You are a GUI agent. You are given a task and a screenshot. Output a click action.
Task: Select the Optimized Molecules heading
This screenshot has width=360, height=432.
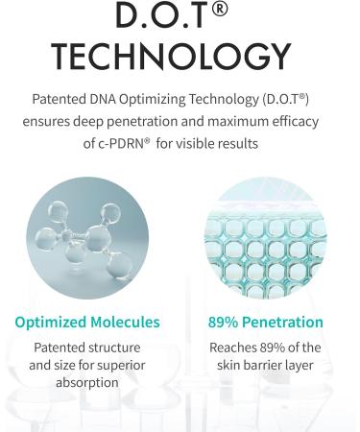(x=87, y=323)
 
